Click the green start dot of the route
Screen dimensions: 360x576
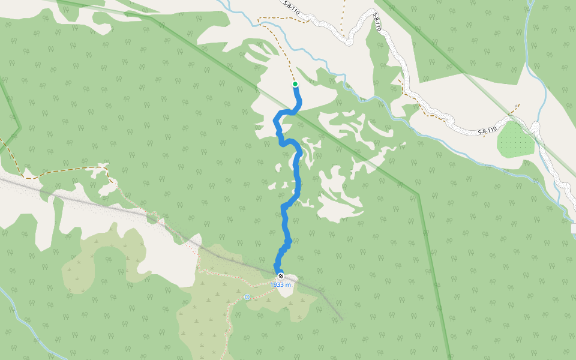295,84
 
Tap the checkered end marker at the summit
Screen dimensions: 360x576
280,276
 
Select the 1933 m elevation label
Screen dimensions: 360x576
280,285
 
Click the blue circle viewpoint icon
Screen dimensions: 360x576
247,296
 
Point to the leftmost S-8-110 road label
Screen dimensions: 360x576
292,8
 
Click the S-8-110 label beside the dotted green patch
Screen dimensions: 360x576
487,131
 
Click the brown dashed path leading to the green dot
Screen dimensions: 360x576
282,48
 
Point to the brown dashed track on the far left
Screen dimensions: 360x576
60,170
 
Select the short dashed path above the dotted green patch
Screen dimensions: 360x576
510,111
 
